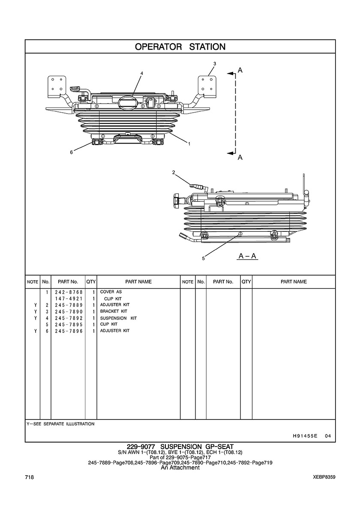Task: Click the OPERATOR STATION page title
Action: (180, 47)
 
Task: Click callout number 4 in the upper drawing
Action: (142, 73)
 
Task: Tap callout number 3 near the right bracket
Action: (215, 64)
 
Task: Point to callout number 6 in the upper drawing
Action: (72, 151)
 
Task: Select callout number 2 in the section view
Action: (174, 173)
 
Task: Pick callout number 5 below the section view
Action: (204, 258)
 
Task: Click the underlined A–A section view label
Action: (248, 256)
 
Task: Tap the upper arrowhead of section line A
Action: (230, 74)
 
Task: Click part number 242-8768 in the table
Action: (69, 292)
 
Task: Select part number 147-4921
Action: (69, 298)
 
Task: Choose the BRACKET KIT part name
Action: (114, 311)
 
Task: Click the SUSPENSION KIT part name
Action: (118, 318)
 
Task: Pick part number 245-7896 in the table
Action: (69, 331)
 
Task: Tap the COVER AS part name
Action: (111, 292)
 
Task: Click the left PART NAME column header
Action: (138, 282)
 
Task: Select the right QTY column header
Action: (246, 282)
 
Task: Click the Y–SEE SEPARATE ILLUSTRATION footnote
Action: (60, 424)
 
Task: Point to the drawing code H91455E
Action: (305, 436)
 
